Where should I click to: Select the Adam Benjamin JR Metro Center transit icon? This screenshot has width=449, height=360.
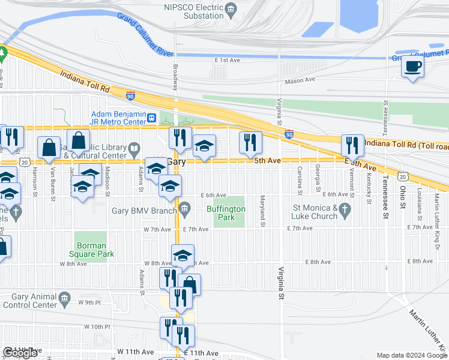click(152, 118)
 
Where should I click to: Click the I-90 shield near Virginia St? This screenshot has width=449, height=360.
click(289, 134)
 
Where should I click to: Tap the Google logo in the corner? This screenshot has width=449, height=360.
click(20, 353)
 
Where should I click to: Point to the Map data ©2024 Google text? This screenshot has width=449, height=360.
click(412, 355)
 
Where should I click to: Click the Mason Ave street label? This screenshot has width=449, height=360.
click(300, 80)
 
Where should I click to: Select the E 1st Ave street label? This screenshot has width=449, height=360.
click(226, 60)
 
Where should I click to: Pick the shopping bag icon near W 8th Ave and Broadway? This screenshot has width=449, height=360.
click(189, 284)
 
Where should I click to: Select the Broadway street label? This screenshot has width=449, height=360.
click(176, 77)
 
